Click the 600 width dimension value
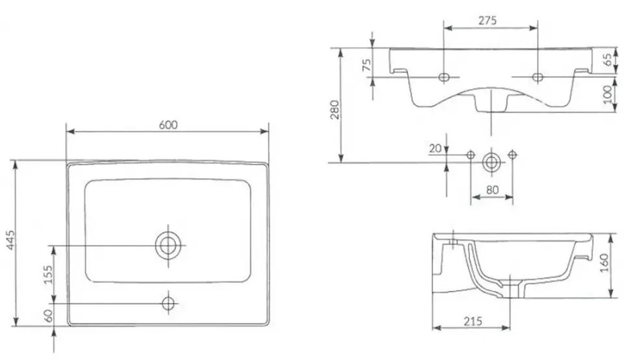click(168, 125)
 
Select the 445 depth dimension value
click(11, 240)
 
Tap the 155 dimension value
click(48, 274)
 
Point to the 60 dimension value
click(48, 316)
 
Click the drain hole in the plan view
click(168, 245)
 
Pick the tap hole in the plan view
click(168, 303)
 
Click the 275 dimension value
click(487, 20)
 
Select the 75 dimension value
click(367, 64)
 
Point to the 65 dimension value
click(608, 59)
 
